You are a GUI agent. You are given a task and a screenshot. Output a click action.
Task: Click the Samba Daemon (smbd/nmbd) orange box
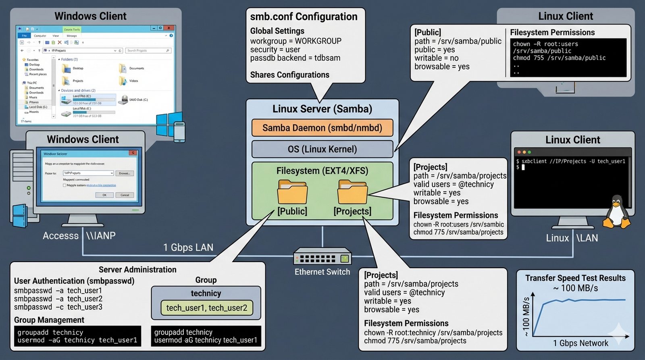pyautogui.click(x=322, y=128)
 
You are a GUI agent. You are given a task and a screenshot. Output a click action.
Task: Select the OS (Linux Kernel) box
pyautogui.click(x=322, y=149)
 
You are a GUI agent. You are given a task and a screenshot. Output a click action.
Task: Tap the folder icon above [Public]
pyautogui.click(x=292, y=192)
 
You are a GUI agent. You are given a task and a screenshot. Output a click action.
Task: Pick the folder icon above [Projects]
pyautogui.click(x=352, y=192)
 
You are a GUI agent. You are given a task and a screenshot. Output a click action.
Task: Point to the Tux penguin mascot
pyautogui.click(x=616, y=212)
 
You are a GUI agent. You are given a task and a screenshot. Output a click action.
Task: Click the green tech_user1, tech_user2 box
pyautogui.click(x=206, y=308)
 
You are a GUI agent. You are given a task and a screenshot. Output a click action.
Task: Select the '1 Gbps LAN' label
pyautogui.click(x=188, y=248)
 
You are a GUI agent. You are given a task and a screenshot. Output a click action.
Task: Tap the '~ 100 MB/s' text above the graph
pyautogui.click(x=575, y=288)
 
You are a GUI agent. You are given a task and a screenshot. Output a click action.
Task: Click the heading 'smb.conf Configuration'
pyautogui.click(x=304, y=17)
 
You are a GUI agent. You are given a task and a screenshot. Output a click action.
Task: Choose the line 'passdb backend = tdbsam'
pyautogui.click(x=295, y=58)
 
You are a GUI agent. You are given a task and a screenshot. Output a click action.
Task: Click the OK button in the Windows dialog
pyautogui.click(x=104, y=195)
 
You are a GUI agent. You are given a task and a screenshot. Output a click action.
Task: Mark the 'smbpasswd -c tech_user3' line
pyautogui.click(x=58, y=307)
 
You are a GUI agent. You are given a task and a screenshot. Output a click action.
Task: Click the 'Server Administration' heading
pyautogui.click(x=137, y=270)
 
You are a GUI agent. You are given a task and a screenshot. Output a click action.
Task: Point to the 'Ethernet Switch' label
pyautogui.click(x=322, y=272)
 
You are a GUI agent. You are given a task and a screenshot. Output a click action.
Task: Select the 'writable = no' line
pyautogui.click(x=436, y=58)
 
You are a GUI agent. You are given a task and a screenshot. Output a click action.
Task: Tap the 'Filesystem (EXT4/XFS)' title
pyautogui.click(x=322, y=171)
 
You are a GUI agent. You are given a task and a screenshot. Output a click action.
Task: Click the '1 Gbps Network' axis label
pyautogui.click(x=580, y=343)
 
